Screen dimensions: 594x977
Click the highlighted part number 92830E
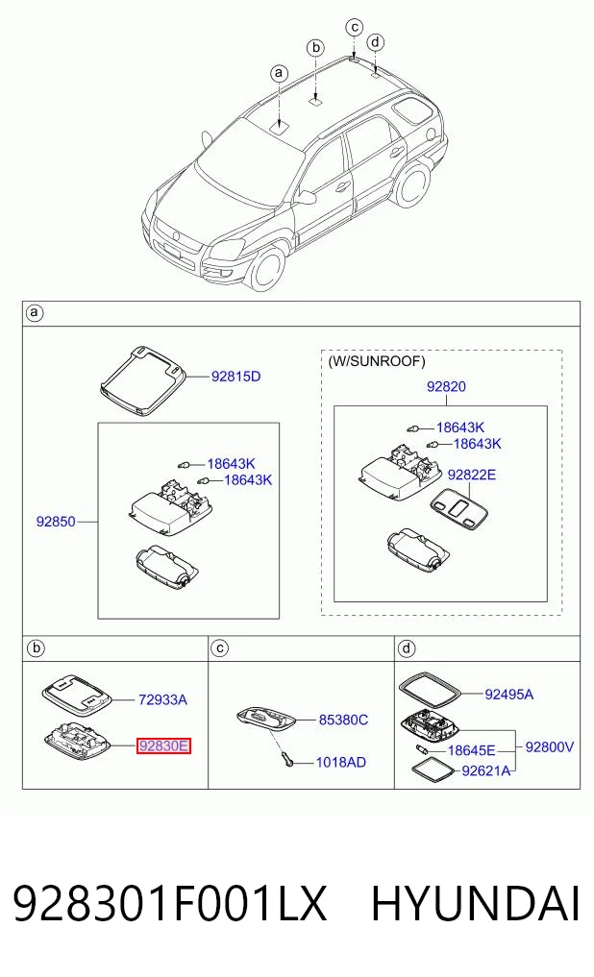(x=163, y=745)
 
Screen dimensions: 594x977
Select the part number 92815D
(x=235, y=377)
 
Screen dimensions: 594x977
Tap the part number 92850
(x=56, y=522)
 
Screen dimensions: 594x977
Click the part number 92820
(x=446, y=386)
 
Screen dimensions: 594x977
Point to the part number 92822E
(x=472, y=475)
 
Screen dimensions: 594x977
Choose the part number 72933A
(x=162, y=699)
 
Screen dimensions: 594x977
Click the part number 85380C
(x=343, y=720)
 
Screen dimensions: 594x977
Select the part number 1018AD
(x=341, y=762)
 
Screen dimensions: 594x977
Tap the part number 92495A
(x=509, y=695)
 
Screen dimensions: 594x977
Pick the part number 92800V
(x=549, y=746)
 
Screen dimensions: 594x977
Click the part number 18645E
(x=472, y=751)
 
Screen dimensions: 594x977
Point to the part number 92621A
(x=486, y=770)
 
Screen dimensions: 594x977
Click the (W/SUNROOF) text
(x=377, y=361)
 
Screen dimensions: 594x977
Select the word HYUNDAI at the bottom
(x=476, y=903)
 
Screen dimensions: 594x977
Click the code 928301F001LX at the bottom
(x=169, y=903)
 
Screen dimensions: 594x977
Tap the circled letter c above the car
(x=354, y=27)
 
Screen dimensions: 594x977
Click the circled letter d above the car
(x=375, y=42)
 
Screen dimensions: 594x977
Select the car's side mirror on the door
(x=307, y=198)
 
